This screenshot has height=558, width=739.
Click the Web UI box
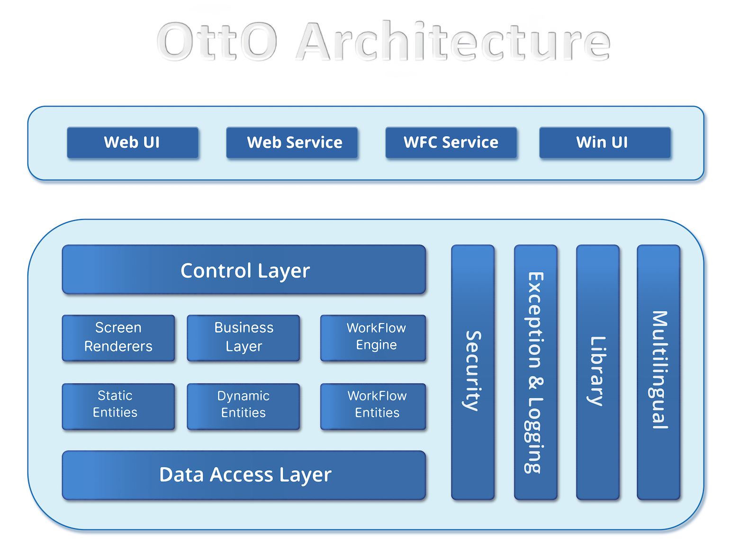pos(132,142)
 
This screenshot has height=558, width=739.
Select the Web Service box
pos(292,142)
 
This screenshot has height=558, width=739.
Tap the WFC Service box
pos(451,142)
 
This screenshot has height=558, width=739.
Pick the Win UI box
pos(604,142)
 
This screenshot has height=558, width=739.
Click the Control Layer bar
pos(244,270)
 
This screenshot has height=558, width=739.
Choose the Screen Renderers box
pos(118,338)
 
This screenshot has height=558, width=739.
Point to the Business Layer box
pos(243,338)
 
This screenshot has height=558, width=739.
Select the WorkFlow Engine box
pos(373,338)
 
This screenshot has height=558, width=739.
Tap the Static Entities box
pos(118,406)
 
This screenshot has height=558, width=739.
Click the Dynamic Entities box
pos(243,406)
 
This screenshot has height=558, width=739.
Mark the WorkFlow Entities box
pos(373,406)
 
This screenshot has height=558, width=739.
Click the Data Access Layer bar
pos(244,475)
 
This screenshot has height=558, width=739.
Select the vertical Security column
pos(472,372)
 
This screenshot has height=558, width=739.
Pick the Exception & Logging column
pos(535,372)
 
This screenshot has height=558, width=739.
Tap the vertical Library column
pos(597,372)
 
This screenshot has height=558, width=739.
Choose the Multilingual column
pos(658,372)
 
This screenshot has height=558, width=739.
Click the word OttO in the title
pos(216,42)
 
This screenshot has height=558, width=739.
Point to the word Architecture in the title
pos(453,42)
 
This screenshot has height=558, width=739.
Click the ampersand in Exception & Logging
pos(535,382)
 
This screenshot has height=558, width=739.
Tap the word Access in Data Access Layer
pos(242,475)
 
